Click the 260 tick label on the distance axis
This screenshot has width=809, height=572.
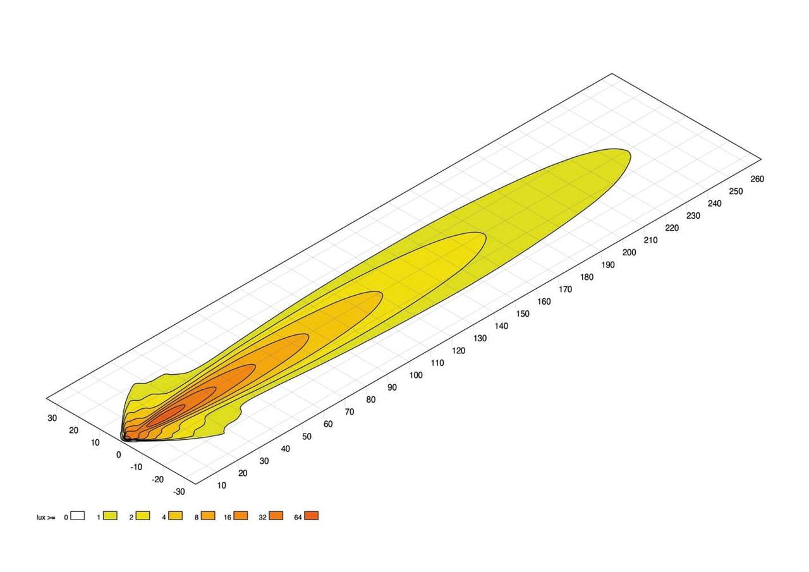[757, 179]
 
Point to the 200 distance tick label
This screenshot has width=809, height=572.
[629, 252]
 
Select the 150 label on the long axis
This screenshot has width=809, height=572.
[523, 313]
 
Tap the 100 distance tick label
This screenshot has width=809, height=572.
[416, 375]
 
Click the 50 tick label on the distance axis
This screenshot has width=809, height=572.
[307, 437]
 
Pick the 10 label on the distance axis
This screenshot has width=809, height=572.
[221, 485]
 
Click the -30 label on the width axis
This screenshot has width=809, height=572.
[179, 492]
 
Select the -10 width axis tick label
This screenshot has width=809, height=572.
[137, 467]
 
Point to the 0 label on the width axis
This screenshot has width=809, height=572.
[118, 455]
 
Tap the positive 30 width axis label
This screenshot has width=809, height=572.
[52, 418]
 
